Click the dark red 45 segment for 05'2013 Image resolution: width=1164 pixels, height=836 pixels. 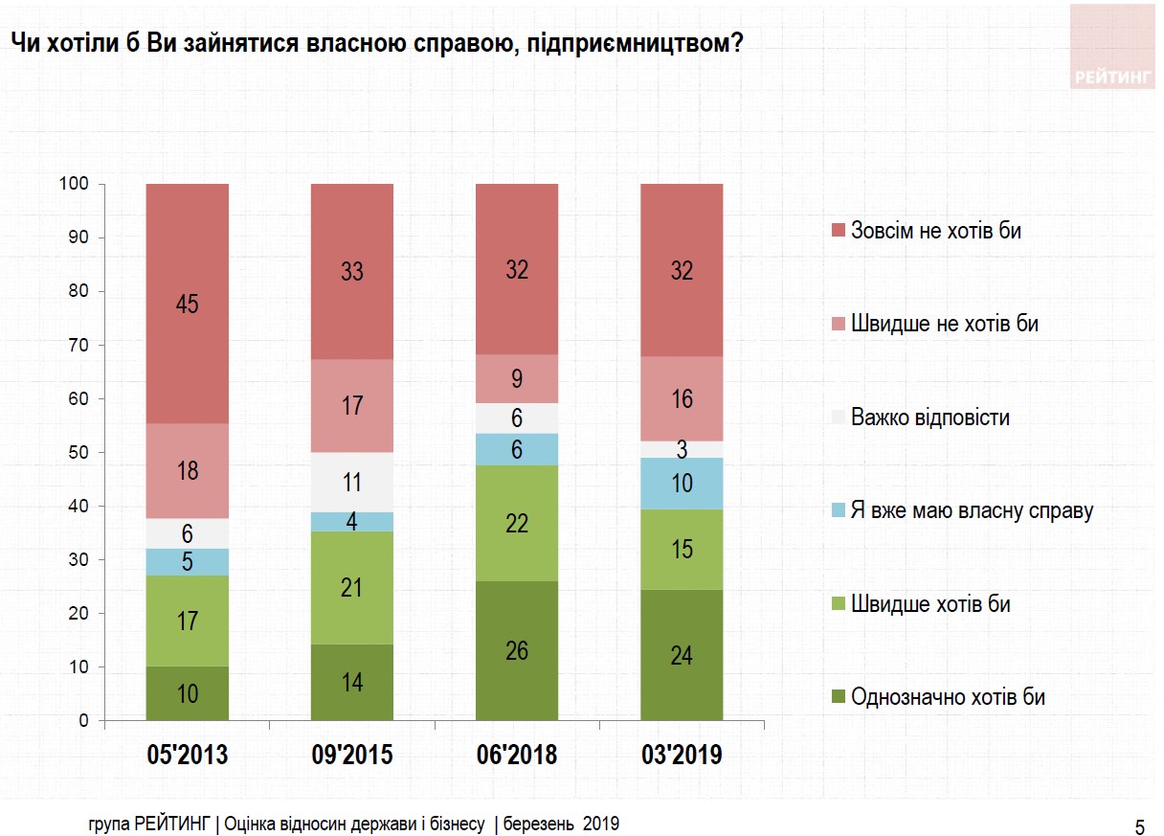pos(188,304)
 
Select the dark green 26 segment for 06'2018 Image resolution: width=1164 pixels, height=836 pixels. pos(517,650)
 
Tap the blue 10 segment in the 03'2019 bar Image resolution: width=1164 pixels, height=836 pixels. pos(682,484)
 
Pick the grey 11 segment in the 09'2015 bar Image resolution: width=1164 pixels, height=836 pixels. pos(352,482)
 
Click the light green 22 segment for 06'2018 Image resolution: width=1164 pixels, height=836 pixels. pos(517,523)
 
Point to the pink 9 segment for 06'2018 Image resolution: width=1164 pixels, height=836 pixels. pos(517,379)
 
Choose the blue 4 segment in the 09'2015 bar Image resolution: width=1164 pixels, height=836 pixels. pos(352,522)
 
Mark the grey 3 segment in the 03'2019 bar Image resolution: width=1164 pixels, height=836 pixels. pos(682,449)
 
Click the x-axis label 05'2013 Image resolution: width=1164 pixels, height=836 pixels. pos(188,755)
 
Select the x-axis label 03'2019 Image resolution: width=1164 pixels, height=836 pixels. pos(682,755)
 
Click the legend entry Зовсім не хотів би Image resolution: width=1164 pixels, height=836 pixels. pos(936,231)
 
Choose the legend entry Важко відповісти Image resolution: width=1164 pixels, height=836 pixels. pos(929,418)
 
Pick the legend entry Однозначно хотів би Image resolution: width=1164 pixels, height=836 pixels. pos(948,697)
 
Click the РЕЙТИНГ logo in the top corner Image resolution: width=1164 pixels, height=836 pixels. pos(1112,78)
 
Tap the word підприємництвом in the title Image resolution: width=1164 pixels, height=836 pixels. pos(633,44)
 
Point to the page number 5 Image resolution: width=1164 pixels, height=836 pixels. pos(1139,826)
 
